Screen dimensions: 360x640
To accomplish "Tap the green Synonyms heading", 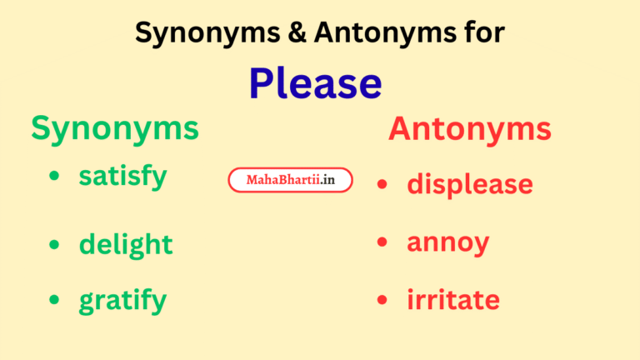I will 115,128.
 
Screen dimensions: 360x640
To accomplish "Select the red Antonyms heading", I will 469,129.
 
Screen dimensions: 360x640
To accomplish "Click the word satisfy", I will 122,177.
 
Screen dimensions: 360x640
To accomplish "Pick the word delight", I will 125,244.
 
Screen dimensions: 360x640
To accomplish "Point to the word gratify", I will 122,301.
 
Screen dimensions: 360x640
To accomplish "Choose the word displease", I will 469,183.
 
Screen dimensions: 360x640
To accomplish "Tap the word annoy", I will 447,243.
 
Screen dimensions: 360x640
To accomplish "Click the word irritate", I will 453,300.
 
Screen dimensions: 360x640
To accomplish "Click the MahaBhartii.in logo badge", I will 290,180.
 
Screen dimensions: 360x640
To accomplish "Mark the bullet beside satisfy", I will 54,176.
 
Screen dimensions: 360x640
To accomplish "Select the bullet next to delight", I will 54,244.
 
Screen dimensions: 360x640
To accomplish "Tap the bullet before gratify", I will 54,300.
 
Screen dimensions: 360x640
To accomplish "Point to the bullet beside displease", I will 382,183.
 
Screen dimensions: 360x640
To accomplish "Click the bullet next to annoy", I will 382,242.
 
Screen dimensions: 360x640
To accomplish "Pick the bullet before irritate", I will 382,300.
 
